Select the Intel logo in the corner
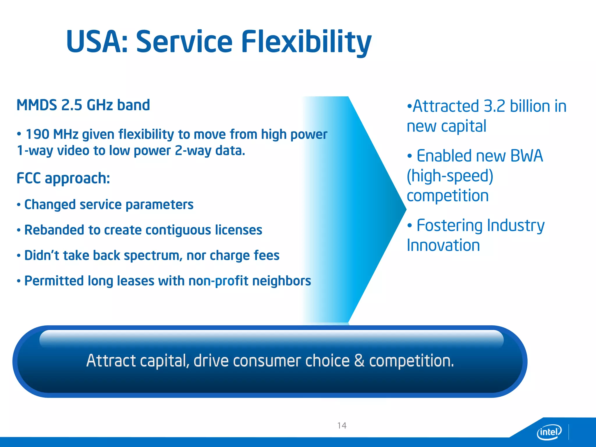[x=549, y=432]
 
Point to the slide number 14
[x=342, y=425]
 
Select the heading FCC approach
[x=63, y=178]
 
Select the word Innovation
[x=443, y=245]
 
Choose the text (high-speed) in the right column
[x=450, y=176]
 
